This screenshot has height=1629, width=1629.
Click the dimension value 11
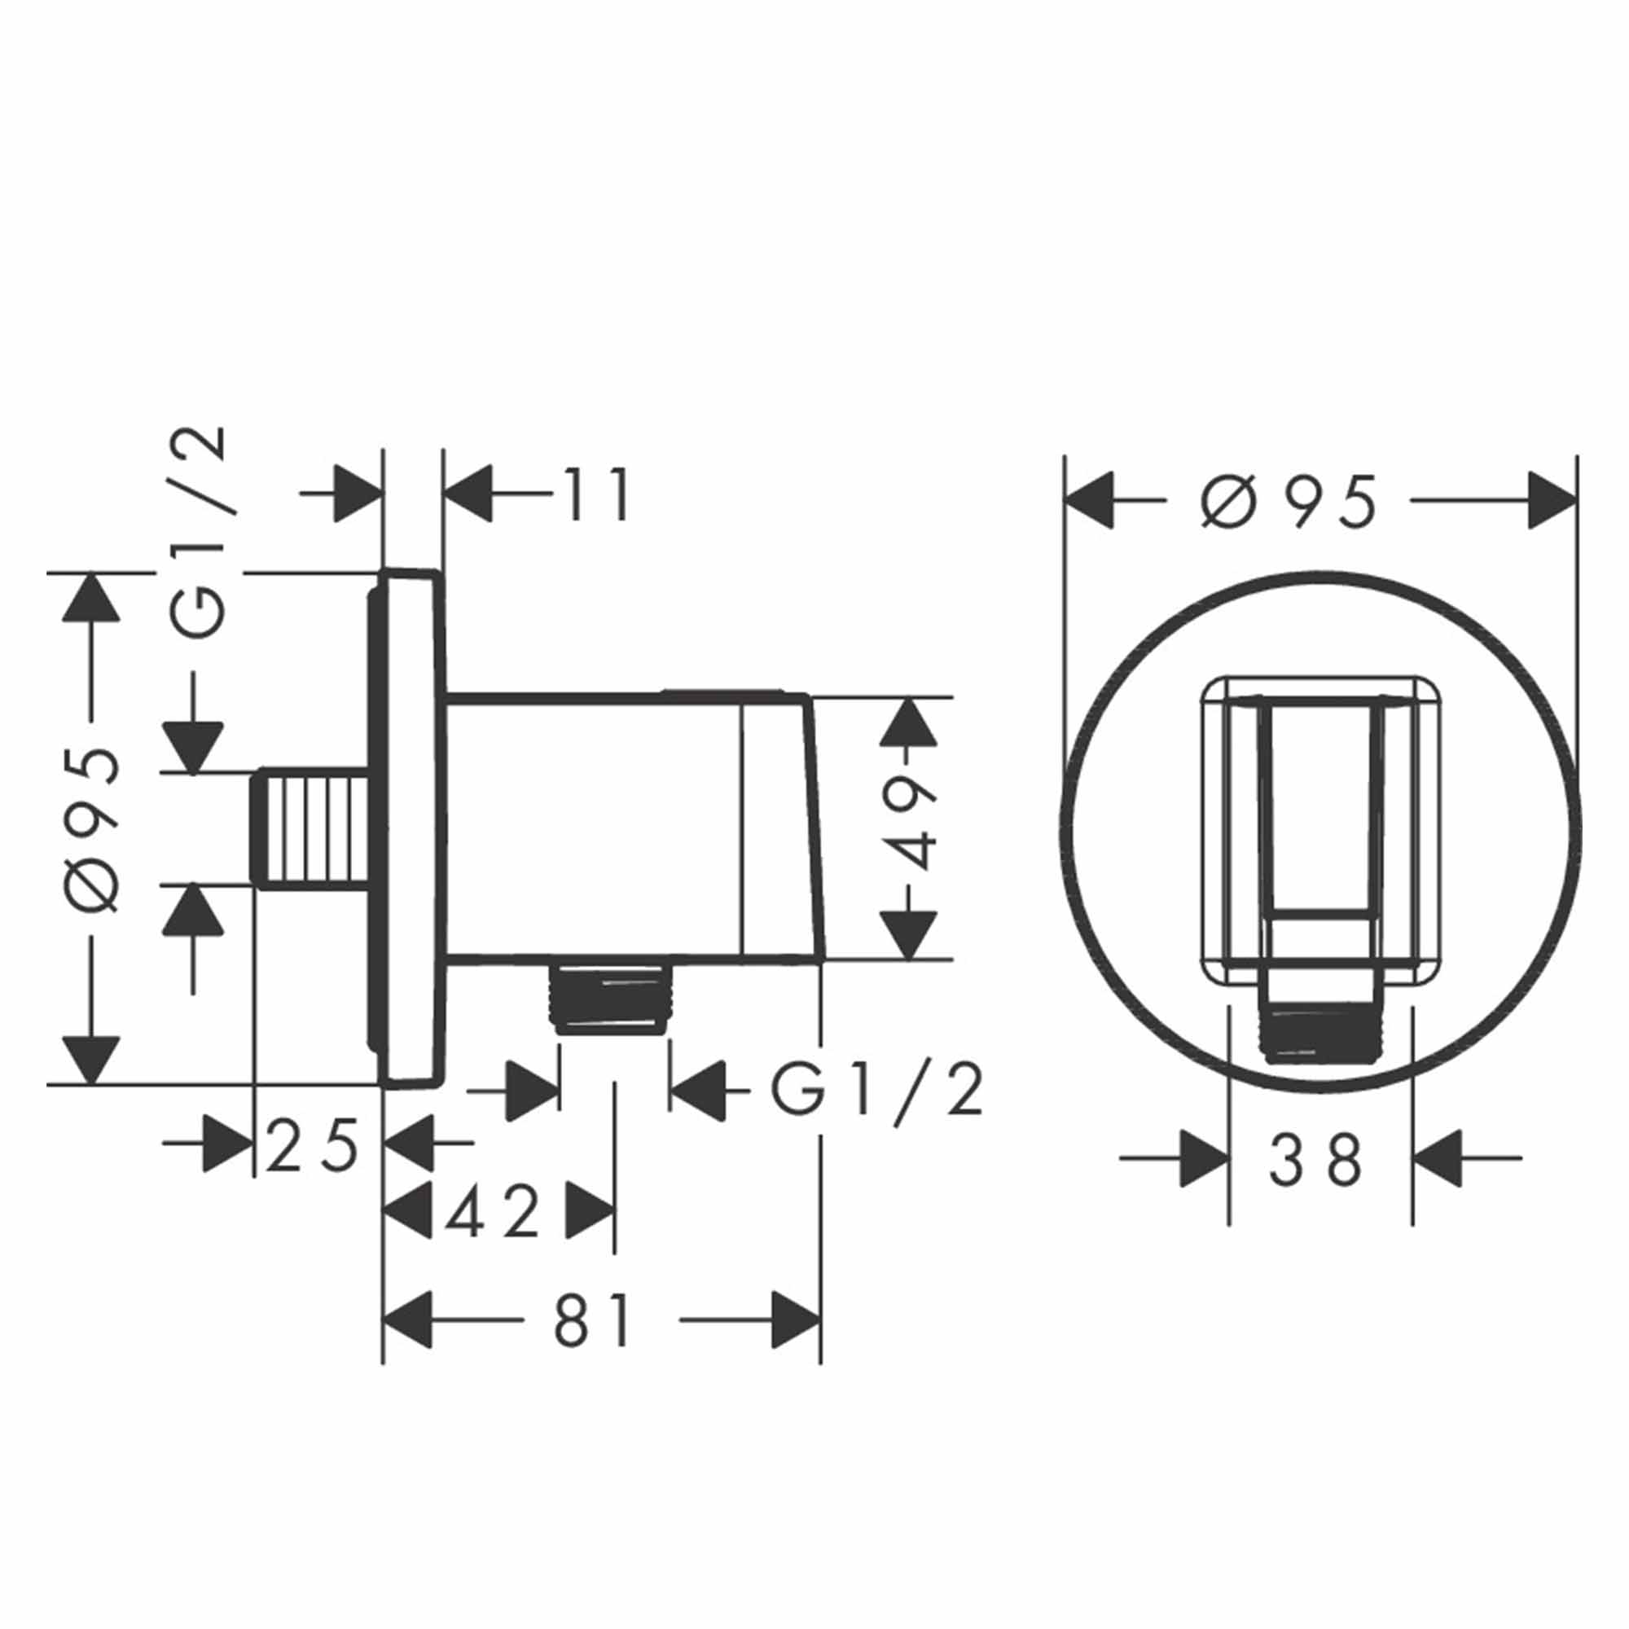[x=597, y=495]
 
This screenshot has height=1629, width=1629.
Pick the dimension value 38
[x=1315, y=1161]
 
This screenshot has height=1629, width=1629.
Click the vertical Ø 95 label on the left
[x=92, y=829]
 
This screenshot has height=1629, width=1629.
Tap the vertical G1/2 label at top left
[x=199, y=533]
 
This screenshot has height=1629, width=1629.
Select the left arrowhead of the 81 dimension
[x=408, y=1320]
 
